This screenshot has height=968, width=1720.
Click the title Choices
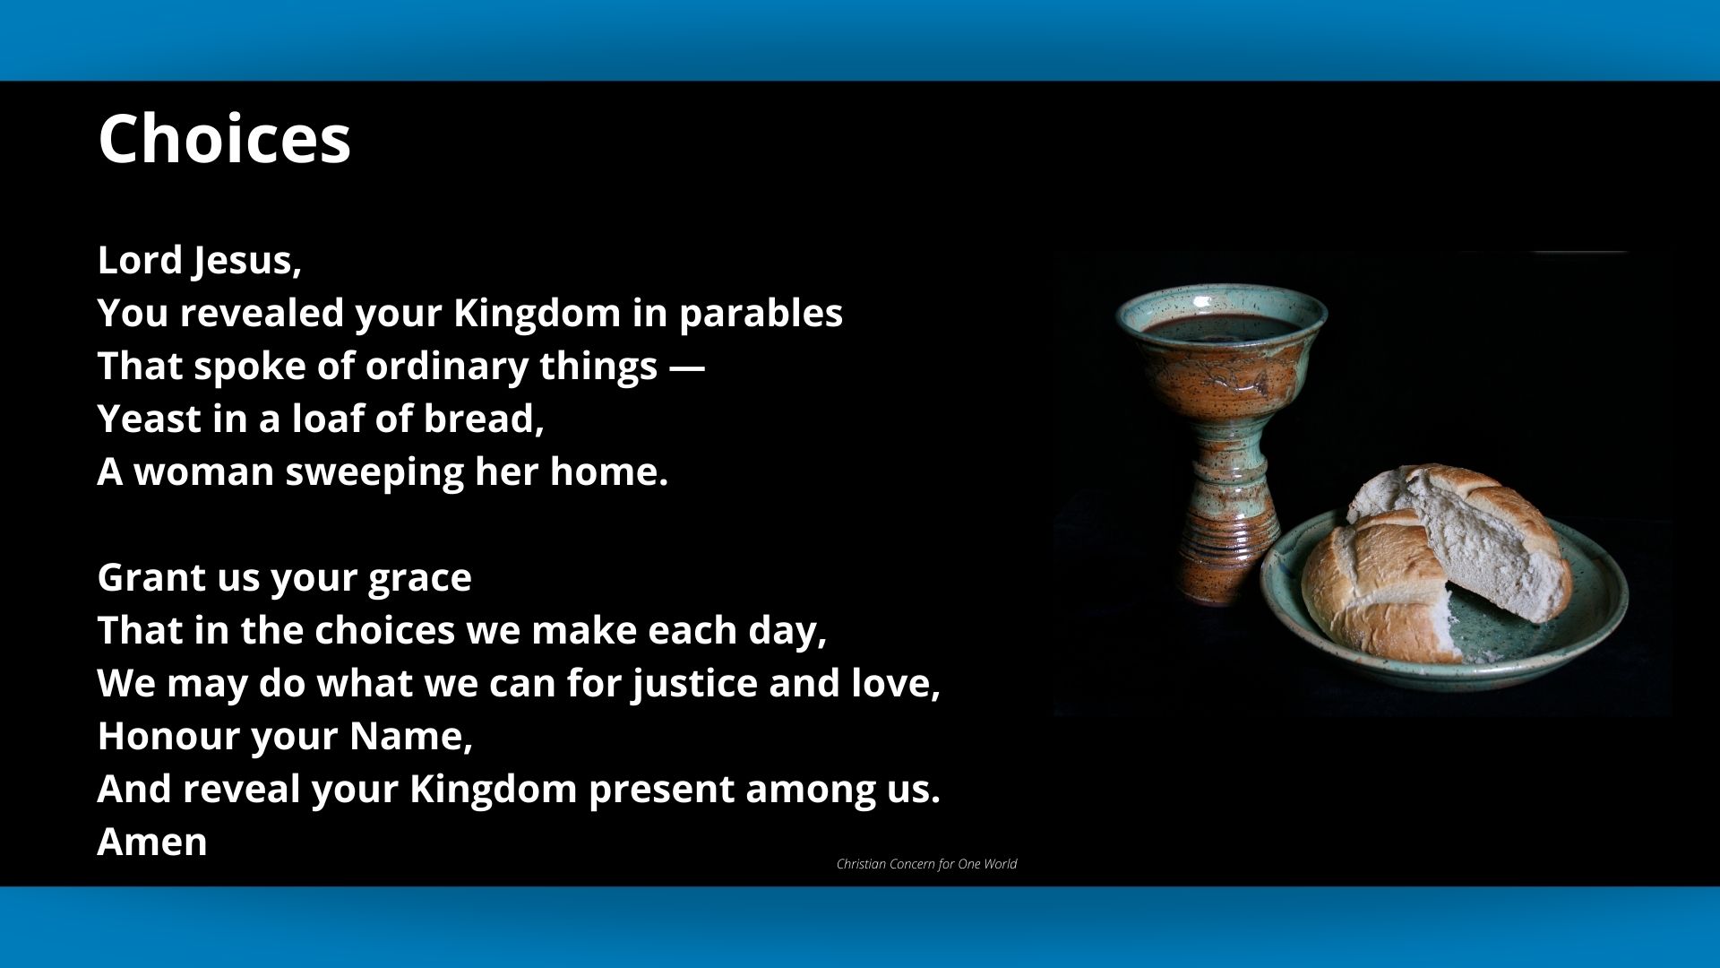tap(224, 139)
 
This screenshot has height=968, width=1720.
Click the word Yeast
tap(149, 419)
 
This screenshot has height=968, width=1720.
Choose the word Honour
tap(168, 736)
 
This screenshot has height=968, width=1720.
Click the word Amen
tap(152, 842)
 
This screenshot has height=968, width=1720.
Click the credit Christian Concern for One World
tap(926, 864)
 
